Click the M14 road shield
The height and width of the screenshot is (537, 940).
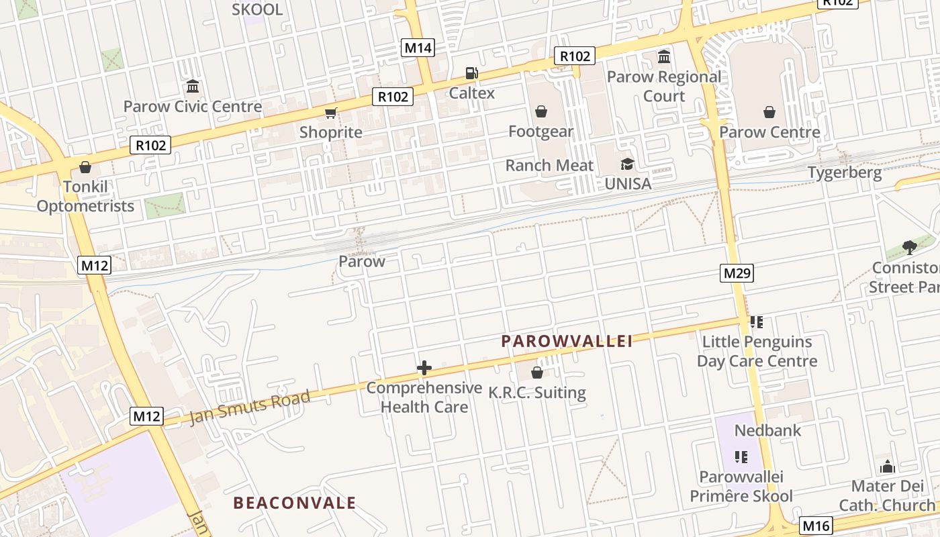point(418,48)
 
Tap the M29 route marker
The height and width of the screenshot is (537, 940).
point(737,273)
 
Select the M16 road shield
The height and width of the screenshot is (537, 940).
point(816,526)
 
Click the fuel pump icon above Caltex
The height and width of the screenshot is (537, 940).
point(472,73)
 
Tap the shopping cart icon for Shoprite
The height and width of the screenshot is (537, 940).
point(330,113)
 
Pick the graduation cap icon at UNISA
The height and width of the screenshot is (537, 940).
point(627,164)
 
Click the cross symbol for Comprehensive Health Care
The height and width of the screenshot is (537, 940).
point(424,368)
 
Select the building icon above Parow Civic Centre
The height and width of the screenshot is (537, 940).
point(193,87)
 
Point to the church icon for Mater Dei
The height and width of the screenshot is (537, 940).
point(887,467)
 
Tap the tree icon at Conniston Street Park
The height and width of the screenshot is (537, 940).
point(910,248)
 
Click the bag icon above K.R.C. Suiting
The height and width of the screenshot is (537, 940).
point(536,372)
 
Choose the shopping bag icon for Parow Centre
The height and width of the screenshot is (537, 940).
point(769,112)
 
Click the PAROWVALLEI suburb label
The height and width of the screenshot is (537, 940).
point(567,342)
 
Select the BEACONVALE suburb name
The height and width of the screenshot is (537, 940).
point(294,503)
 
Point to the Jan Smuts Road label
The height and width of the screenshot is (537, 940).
point(250,407)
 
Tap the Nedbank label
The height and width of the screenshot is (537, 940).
point(767,430)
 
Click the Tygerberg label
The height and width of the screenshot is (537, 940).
point(844,173)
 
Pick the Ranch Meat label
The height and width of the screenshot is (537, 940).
point(549,165)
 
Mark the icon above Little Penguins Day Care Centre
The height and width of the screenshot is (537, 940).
point(757,322)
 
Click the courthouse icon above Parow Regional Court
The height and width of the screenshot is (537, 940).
point(664,56)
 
